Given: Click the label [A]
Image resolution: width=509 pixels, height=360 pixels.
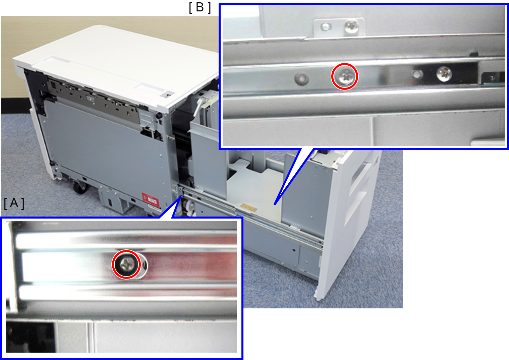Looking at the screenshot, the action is (14, 203).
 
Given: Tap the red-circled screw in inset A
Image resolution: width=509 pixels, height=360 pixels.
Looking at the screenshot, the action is (126, 264).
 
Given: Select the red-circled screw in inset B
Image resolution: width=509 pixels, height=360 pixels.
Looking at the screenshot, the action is (345, 76).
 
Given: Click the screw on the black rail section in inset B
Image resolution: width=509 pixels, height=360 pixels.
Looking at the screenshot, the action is (444, 74).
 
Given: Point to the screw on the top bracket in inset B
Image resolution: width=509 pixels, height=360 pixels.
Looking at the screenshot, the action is (351, 27).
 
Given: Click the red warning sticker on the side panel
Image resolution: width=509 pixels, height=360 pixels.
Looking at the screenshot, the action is (150, 200).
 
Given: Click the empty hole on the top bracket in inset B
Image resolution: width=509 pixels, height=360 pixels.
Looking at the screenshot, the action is (326, 27).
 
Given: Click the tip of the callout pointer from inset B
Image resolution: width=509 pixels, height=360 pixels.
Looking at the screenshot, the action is (275, 205).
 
